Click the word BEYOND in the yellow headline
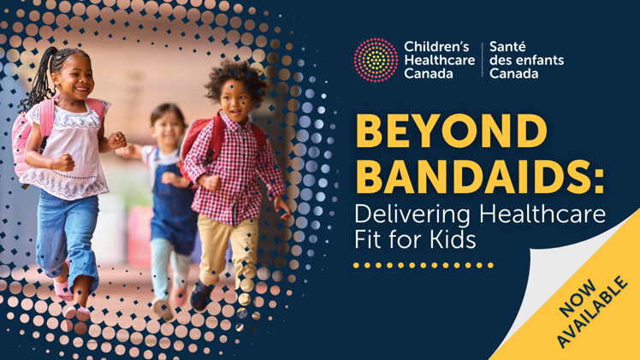click(452, 131)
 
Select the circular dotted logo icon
click(376, 61)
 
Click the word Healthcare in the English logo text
click(440, 61)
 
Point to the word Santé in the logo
click(507, 47)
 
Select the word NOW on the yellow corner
click(578, 298)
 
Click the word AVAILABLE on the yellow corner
click(592, 312)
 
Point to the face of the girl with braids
click(79, 79)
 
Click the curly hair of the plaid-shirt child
click(235, 79)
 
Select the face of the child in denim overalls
click(168, 127)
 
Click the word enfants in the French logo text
click(539, 61)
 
